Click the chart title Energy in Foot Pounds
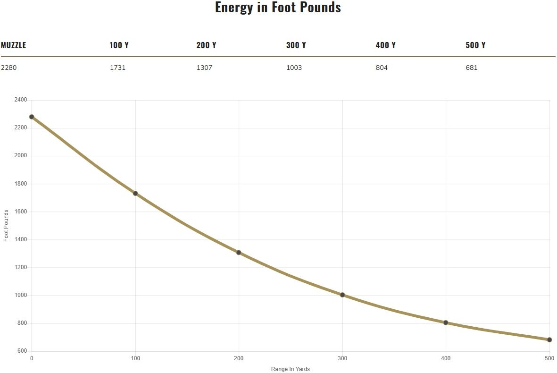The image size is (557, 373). click(278, 8)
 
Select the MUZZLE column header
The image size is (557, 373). click(14, 45)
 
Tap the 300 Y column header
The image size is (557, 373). click(296, 45)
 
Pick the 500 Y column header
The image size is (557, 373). click(475, 45)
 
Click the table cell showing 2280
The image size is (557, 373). click(8, 68)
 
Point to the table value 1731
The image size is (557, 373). click(117, 68)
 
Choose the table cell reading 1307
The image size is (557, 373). click(204, 68)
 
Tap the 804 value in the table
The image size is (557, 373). click(382, 68)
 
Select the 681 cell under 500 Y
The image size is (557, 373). click(471, 68)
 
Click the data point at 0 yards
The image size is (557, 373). click(32, 117)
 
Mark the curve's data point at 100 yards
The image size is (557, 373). click(135, 193)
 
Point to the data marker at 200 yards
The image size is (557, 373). click(239, 253)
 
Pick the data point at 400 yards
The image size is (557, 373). click(446, 322)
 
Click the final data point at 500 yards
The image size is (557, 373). click(549, 339)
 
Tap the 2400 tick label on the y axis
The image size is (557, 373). click(21, 100)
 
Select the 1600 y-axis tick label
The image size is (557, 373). click(21, 212)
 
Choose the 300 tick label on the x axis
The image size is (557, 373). click(342, 358)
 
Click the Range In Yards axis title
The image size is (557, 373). click(291, 369)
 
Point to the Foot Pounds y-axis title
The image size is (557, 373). click(6, 226)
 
